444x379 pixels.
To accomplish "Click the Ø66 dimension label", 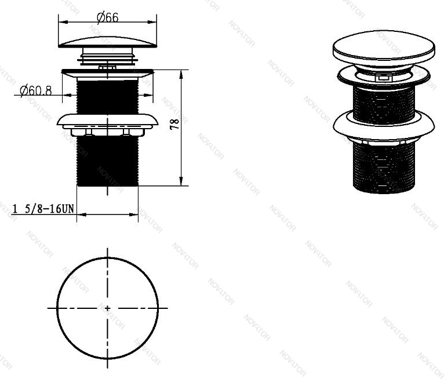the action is coord(108,17).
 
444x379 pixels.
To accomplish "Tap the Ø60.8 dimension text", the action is coord(36,90).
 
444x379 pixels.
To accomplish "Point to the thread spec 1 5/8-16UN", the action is coord(43,209).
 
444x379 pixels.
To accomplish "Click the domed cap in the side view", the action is coord(108,42).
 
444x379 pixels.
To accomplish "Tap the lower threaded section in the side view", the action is coord(108,161).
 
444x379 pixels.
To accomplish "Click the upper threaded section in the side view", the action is coord(108,97).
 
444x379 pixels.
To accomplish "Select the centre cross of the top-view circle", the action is coord(107,308).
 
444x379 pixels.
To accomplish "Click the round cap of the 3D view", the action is coord(384,49).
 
